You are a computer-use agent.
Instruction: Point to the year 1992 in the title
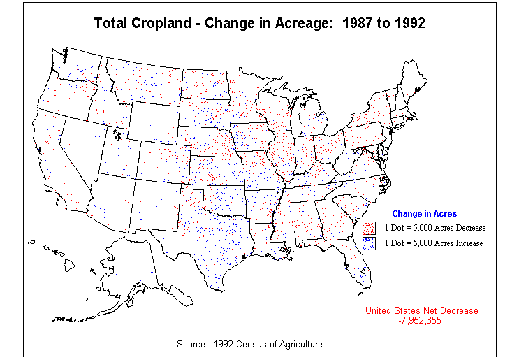coord(408,23)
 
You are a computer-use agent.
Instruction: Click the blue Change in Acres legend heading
coord(424,213)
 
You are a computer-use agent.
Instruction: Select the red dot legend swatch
coord(369,228)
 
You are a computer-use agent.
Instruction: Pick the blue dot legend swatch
coord(369,243)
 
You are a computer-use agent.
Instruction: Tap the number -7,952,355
coord(421,321)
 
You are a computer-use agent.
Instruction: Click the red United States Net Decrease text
coord(421,310)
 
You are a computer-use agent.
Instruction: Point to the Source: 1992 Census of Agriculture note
coord(249,344)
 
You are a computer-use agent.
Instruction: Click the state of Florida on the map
coord(353,262)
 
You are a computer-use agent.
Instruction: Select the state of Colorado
coord(163,161)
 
